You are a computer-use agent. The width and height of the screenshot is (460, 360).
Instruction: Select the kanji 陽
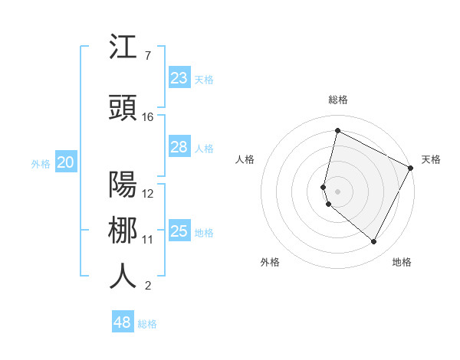coord(123,185)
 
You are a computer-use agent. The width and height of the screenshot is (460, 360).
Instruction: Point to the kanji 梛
coord(123,231)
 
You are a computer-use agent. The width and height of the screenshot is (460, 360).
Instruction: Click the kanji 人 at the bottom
coord(123,277)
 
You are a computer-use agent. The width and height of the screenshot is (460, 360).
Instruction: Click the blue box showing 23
coord(179,78)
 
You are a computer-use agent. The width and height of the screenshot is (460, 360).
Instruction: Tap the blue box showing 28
coord(179,147)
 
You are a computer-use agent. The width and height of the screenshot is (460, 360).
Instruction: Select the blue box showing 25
coord(179,231)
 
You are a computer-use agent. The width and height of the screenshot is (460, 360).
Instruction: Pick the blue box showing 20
coord(66,162)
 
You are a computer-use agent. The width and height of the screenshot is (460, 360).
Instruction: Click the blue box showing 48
coord(123,322)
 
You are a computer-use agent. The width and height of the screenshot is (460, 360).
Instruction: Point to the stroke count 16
coord(148,117)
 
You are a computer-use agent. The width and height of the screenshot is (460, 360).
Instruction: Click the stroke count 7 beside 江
coord(147,56)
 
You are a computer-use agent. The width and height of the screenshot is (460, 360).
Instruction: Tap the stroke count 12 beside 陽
coord(148,194)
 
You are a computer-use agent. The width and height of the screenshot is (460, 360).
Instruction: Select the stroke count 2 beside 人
coord(147,286)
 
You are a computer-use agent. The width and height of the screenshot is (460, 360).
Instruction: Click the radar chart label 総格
coord(337,100)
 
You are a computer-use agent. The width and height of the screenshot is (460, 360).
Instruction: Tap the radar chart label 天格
coord(431,159)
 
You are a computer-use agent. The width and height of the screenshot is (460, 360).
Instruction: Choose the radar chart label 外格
coord(270,262)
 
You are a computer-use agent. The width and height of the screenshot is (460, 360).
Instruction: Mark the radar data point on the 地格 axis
coord(374,242)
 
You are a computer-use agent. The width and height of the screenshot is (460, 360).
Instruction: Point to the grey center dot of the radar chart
coord(337,191)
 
